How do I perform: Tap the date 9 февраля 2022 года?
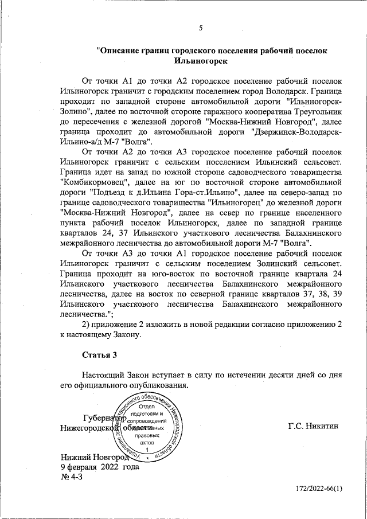tap(100, 467)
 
